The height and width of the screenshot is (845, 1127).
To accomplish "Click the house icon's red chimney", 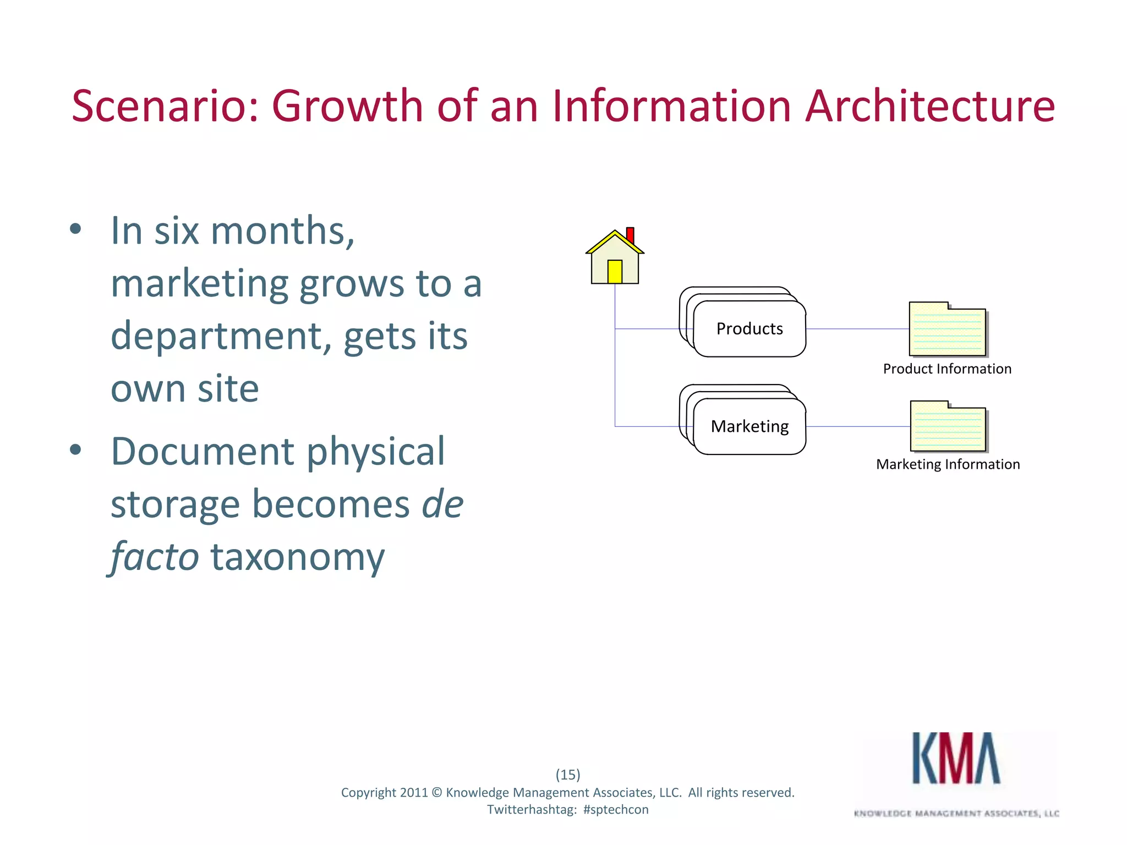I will point(630,235).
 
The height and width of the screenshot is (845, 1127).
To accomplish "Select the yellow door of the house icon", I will point(615,271).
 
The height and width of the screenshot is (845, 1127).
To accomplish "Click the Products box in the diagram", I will point(749,329).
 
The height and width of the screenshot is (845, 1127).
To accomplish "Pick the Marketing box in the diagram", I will point(749,427).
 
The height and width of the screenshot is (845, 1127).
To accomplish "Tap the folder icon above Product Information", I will point(947,330).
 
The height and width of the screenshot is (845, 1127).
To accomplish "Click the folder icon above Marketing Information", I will point(948,427).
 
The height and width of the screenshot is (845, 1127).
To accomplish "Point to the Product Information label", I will point(947,369).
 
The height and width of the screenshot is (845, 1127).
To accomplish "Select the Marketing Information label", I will point(948,465).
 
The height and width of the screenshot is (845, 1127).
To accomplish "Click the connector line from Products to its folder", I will point(857,329).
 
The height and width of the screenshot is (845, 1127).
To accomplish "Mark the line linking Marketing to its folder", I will point(857,426).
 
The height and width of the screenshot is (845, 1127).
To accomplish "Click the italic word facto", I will point(154,557).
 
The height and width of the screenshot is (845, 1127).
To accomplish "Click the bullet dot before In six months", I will point(76,229).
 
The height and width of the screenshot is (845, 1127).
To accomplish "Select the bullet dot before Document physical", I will point(76,450).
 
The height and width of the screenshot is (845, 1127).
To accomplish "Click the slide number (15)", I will point(568,775).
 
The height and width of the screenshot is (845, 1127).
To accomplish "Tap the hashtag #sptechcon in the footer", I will point(615,810).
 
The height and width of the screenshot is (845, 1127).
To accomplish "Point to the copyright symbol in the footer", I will point(436,793).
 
